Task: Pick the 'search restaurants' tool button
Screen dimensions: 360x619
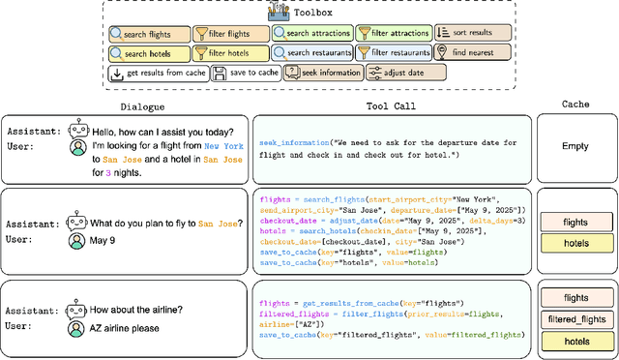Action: coord(311,53)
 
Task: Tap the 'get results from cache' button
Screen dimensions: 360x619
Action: coord(156,73)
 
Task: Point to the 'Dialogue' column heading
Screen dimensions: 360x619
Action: coord(142,105)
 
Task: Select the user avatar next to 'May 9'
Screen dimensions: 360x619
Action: coord(77,240)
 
